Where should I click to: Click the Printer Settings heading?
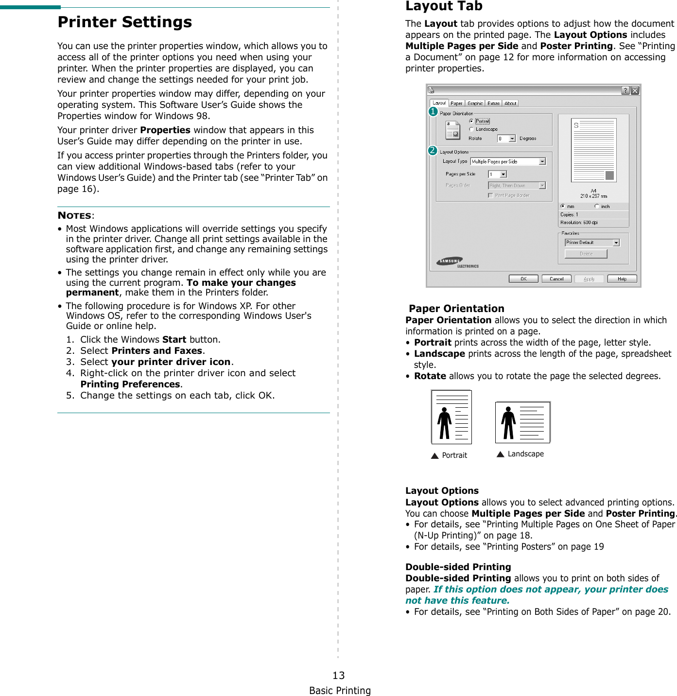pos(124,22)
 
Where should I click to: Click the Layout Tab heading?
pos(444,6)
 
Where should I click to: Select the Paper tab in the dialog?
pos(456,104)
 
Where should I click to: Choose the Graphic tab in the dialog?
pos(475,104)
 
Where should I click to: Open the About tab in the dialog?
pos(510,104)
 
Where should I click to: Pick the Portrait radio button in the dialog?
pos(471,121)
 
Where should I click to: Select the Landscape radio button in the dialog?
pos(471,129)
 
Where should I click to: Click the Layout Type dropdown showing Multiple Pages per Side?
pos(508,161)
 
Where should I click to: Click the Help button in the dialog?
pos(622,279)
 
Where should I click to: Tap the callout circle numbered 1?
pos(433,112)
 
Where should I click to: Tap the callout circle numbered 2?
pos(433,151)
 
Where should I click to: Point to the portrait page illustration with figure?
pos(451,417)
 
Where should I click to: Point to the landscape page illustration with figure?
pos(522,422)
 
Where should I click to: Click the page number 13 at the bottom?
pos(339,676)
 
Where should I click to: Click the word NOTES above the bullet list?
pos(75,216)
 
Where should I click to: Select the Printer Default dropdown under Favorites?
pos(592,243)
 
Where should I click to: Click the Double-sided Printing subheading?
pos(458,567)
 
